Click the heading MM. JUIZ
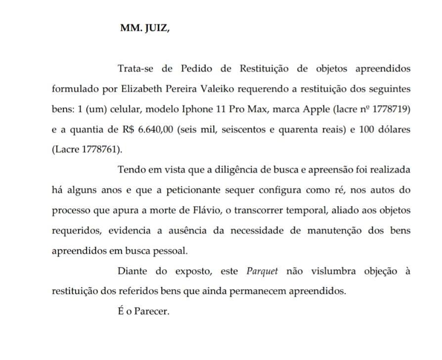[x=145, y=28]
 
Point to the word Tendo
[x=131, y=170]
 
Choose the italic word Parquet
[x=262, y=271]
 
